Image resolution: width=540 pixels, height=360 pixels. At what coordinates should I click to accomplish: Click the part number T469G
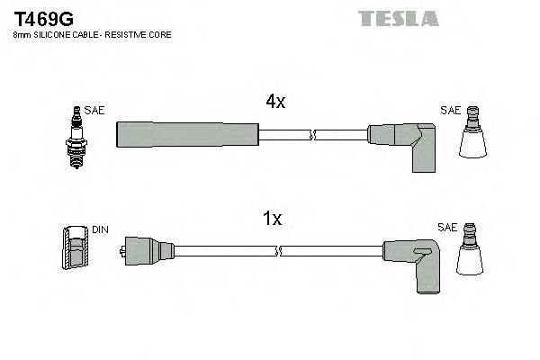coord(42,16)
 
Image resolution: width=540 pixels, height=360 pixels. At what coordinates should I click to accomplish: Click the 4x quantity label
coord(275,103)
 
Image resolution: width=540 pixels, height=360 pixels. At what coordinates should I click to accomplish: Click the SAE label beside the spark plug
coord(94,111)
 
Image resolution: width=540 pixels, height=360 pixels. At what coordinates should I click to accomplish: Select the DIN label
coord(100,230)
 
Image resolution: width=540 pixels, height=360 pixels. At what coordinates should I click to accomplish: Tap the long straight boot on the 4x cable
coord(187,134)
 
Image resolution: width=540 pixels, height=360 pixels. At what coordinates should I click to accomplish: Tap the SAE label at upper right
coord(450,111)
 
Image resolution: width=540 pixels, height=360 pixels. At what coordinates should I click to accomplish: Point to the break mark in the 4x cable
coord(312,135)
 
